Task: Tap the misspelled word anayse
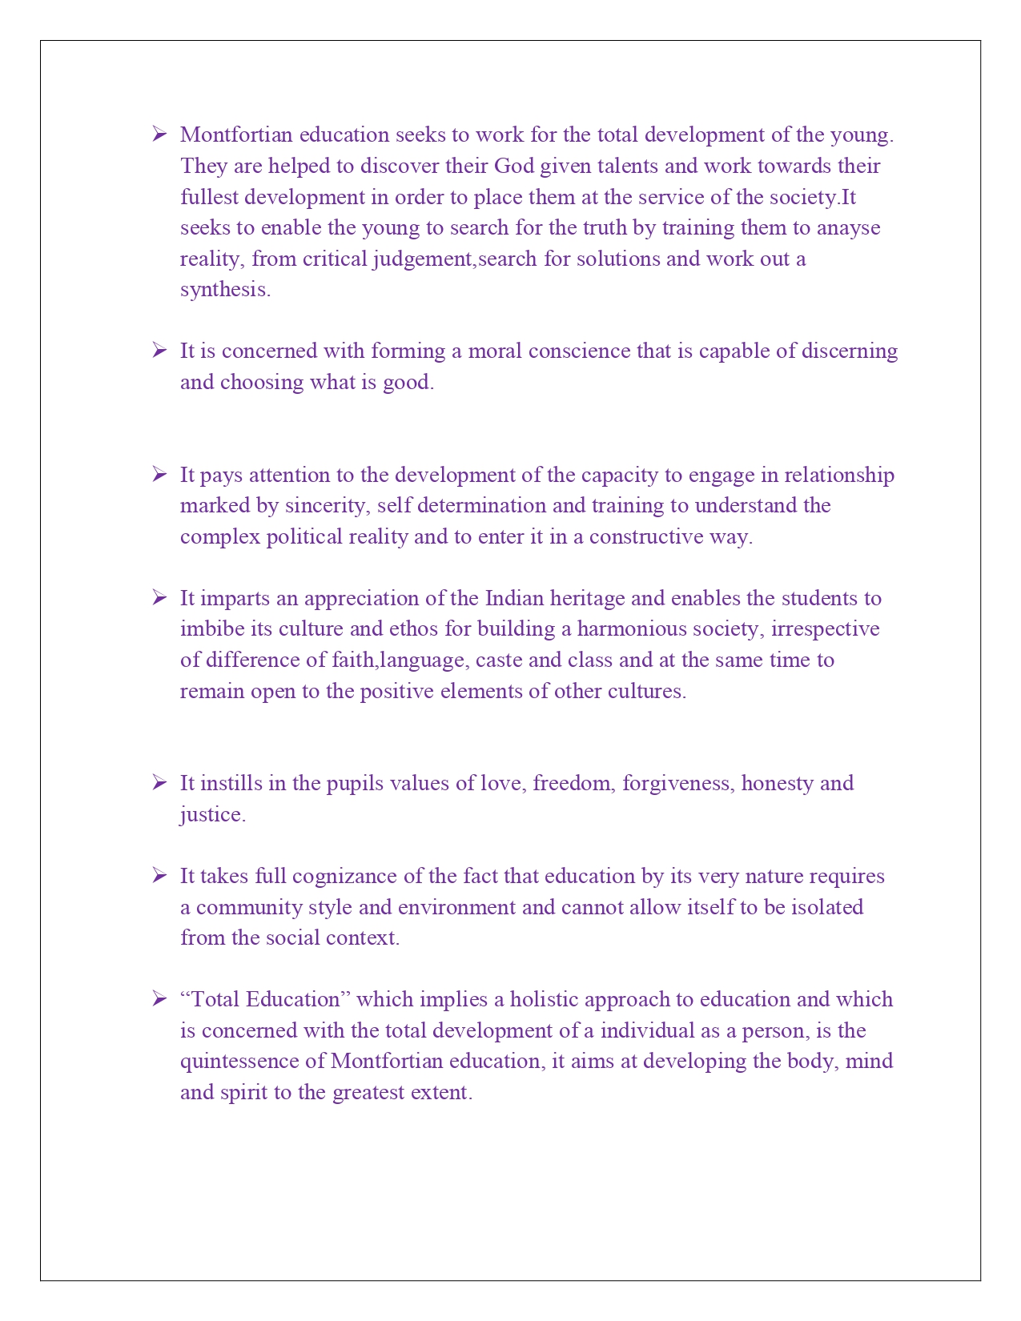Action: coord(848,228)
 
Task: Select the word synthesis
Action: coord(224,290)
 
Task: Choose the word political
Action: coord(304,536)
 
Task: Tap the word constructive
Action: coord(646,536)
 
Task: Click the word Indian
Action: coord(514,599)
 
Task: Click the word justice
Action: coord(211,815)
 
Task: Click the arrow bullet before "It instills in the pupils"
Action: coord(159,782)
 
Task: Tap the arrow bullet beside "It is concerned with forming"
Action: coord(159,351)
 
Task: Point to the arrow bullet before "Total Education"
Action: coord(159,999)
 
